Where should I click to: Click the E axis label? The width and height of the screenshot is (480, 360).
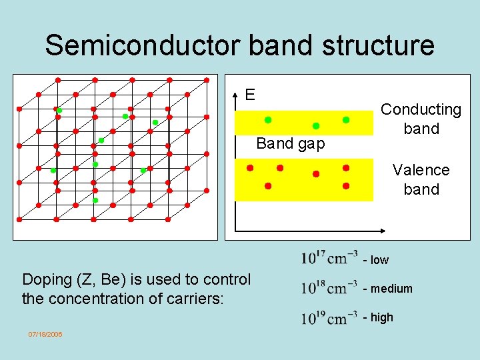click(249, 95)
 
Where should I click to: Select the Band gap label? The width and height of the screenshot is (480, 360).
click(291, 143)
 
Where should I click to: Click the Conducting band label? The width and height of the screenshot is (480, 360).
click(421, 119)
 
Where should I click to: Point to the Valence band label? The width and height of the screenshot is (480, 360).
click(421, 179)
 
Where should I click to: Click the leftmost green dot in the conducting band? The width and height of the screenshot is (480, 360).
click(268, 120)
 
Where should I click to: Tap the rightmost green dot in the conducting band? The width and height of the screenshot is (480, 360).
click(345, 120)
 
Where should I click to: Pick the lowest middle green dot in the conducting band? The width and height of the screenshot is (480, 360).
click(316, 126)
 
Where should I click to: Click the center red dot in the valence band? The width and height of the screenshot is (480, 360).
click(316, 174)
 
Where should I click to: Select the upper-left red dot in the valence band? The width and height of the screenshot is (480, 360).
click(249, 167)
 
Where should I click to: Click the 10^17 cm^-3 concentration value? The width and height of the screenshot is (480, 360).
click(329, 258)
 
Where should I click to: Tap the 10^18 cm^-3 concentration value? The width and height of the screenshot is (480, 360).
click(329, 288)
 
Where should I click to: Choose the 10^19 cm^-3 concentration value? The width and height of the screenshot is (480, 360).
click(329, 317)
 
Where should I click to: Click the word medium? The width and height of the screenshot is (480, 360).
click(392, 289)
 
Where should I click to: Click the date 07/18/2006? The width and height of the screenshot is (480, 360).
click(45, 334)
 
